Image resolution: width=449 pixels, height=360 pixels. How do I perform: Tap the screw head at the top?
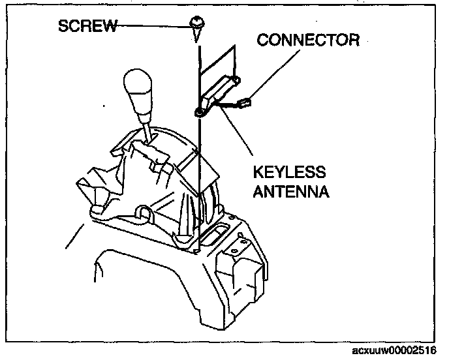(195, 23)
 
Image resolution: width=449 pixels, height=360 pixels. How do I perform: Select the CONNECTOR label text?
(308, 40)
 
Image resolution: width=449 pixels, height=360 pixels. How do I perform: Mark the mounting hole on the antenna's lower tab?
(197, 112)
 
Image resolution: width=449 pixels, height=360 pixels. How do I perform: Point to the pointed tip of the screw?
(195, 40)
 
